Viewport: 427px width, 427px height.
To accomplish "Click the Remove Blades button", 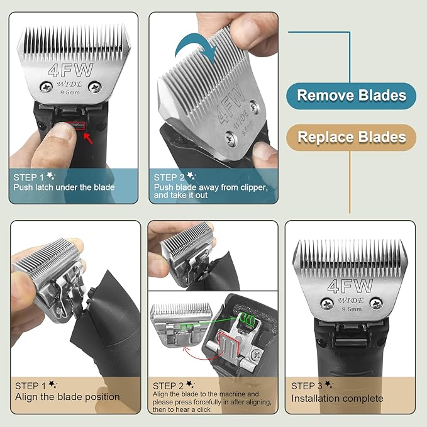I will [352, 96].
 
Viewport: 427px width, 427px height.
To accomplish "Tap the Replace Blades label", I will [352, 137].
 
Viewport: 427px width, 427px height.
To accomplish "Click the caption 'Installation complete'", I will [337, 398].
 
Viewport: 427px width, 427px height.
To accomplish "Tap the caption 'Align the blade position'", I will [67, 397].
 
